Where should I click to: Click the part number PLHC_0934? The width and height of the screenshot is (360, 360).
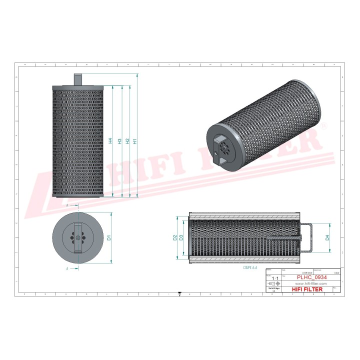(x=311, y=277)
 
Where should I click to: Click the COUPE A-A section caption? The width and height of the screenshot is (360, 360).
(x=250, y=268)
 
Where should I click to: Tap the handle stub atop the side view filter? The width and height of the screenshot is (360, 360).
(x=78, y=79)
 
